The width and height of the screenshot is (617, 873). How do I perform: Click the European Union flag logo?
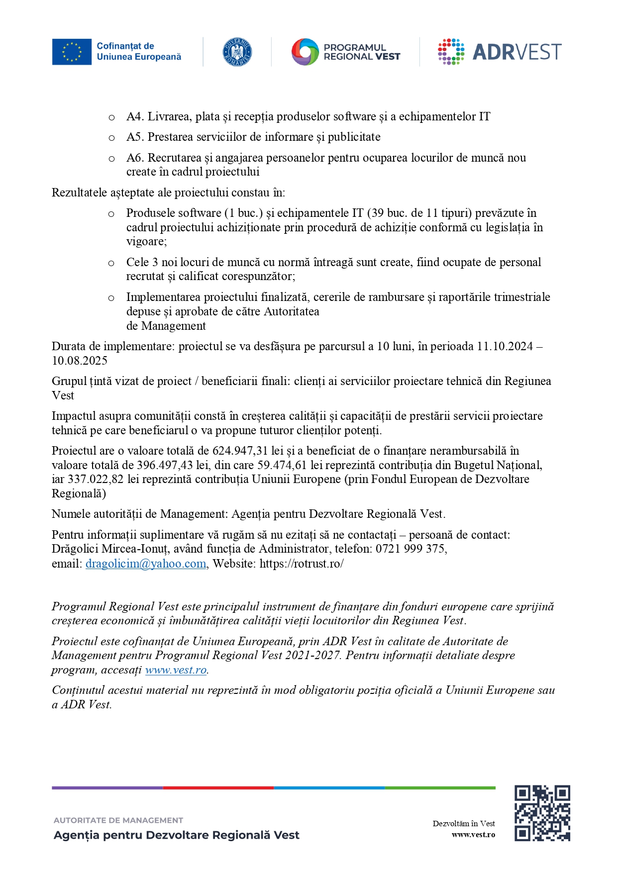coord(72,52)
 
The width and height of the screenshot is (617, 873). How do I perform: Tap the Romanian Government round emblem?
coord(237,52)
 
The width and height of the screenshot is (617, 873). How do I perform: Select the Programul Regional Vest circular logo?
coord(305,52)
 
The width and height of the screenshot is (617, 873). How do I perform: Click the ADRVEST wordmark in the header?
coord(516,52)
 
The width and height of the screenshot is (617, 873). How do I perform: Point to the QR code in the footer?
coord(542,813)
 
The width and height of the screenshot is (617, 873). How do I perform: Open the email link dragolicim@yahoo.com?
coord(146,564)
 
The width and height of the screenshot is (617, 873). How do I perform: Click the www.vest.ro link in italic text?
coord(176,670)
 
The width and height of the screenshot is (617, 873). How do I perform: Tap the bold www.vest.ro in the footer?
coord(473,835)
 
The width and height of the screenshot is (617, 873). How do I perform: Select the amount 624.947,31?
coord(240,451)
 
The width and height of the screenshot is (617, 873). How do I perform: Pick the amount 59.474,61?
coord(282,465)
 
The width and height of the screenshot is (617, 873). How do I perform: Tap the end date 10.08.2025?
coord(80,361)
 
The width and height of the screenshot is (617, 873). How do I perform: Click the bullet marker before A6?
coord(111,159)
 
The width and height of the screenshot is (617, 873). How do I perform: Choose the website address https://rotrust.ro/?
coord(302,564)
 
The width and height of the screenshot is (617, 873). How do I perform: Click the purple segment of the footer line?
coord(107,788)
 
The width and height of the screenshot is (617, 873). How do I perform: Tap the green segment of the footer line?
coord(440,788)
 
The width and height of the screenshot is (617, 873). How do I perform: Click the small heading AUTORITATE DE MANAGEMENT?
coord(118,820)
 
